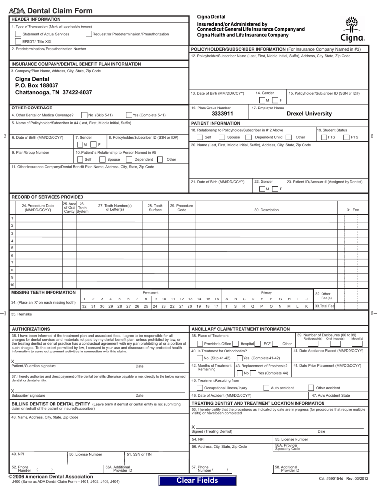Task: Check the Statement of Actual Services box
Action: pyautogui.click(x=18, y=34)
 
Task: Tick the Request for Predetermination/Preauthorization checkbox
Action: pyautogui.click(x=88, y=34)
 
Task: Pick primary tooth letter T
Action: pyautogui.click(x=225, y=306)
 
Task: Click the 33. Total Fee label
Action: pyautogui.click(x=324, y=306)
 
